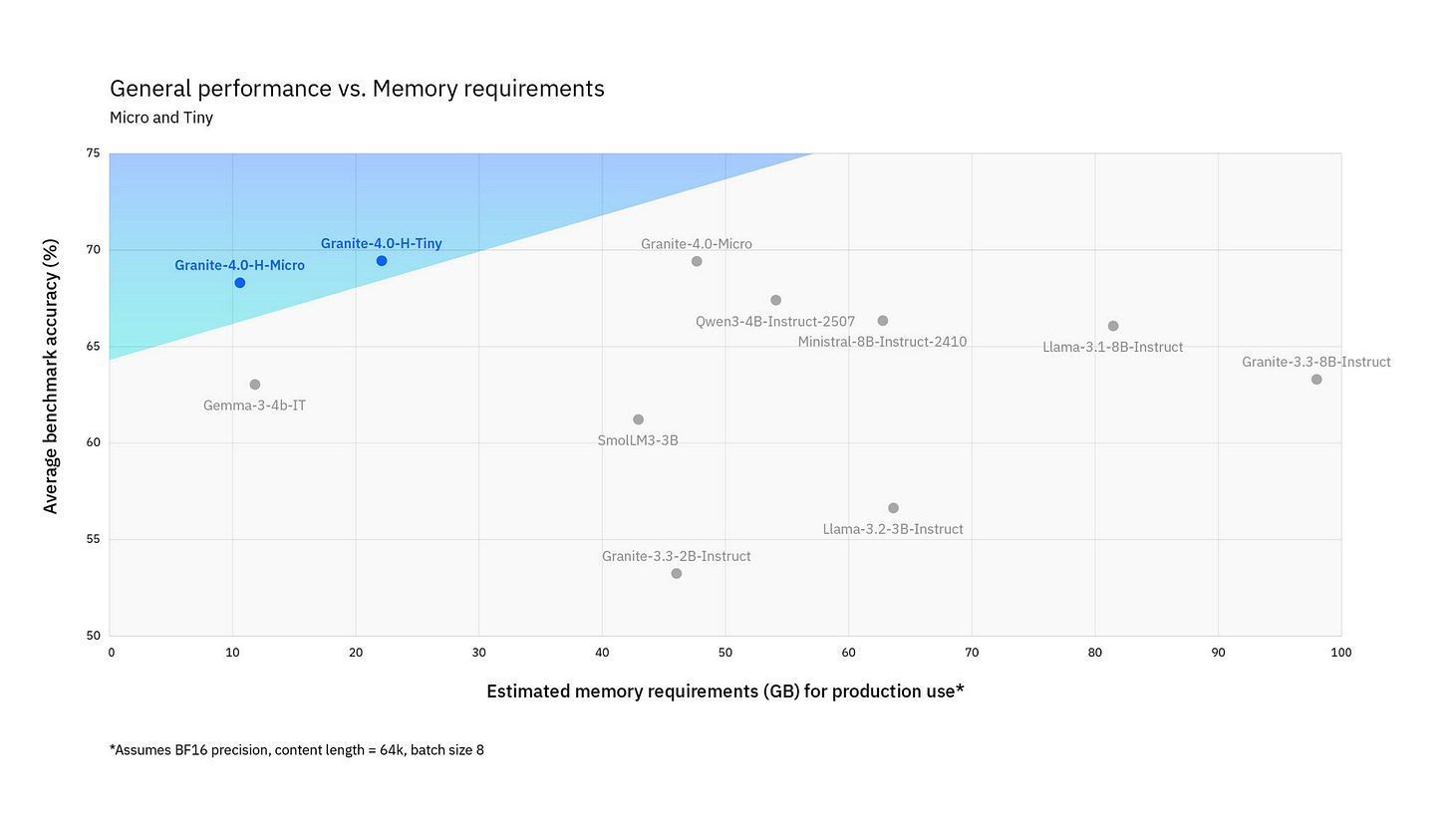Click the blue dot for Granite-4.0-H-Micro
239,283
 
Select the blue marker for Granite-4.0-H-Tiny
381,261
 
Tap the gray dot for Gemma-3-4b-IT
254,385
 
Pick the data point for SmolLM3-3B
638,419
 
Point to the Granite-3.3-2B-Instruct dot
676,573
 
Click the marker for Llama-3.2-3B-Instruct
893,508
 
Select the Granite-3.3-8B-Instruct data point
1316,380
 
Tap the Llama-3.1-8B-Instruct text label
1112,348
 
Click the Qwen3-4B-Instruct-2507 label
774,322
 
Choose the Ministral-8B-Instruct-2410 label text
882,343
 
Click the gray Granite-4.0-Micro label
696,244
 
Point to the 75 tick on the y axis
93,153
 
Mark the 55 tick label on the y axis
93,540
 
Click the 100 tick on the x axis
1340,653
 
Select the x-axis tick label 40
602,653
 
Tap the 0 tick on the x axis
111,653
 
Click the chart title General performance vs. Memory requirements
357,89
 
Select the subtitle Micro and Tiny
160,118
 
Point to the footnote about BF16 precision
296,749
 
